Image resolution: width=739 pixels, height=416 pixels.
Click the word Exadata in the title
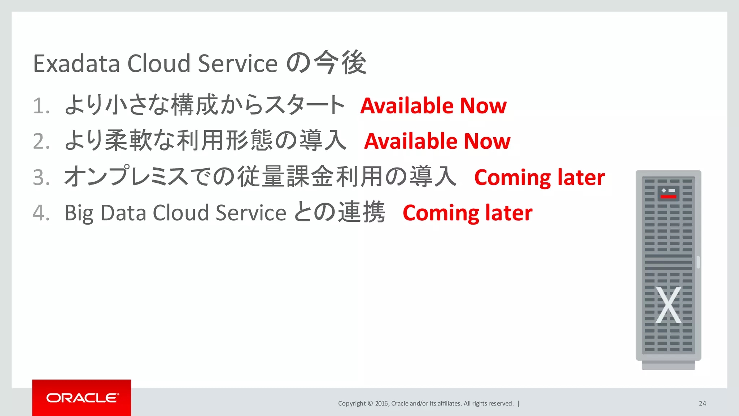tap(76, 64)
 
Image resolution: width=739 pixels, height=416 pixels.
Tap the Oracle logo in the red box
tap(82, 398)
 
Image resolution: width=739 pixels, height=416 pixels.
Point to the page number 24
tap(702, 403)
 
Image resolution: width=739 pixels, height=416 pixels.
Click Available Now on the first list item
tap(433, 106)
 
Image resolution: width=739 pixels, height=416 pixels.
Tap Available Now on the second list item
tap(437, 141)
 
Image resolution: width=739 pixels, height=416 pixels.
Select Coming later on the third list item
tap(539, 178)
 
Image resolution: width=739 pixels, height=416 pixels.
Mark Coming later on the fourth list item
tap(467, 213)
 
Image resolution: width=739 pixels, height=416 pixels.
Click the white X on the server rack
tap(668, 305)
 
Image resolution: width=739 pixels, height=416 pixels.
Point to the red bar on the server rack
tap(668, 197)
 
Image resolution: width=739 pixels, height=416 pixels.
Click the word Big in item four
tap(79, 213)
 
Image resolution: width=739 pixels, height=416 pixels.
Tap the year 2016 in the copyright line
tap(381, 403)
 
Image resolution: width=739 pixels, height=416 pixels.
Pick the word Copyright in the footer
tap(352, 403)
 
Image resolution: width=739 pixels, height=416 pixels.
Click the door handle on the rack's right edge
tap(698, 262)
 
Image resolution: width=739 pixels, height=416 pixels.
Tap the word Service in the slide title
tap(238, 64)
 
